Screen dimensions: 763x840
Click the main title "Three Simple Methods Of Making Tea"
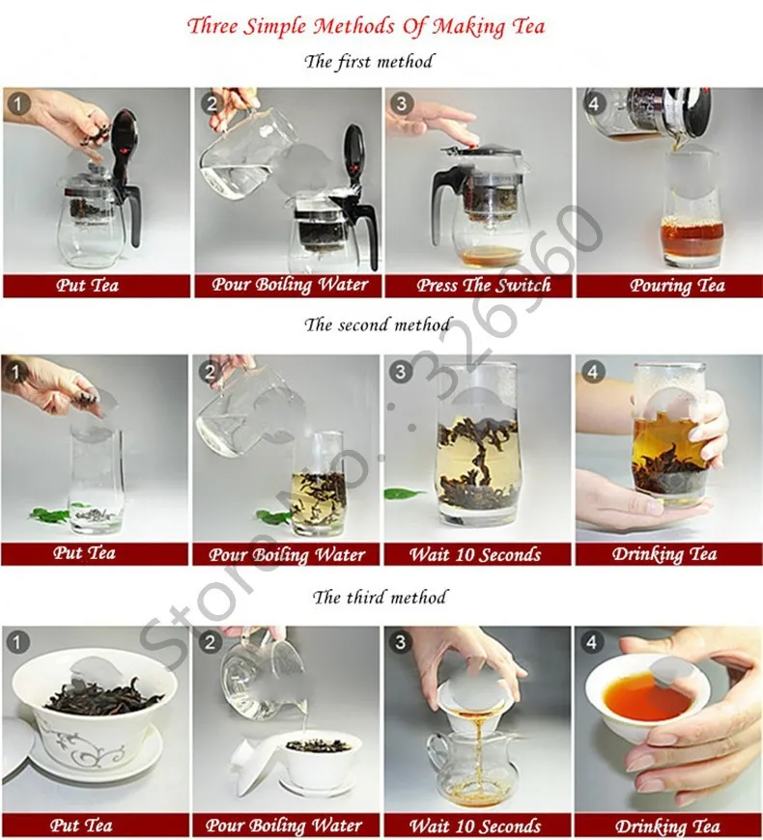tap(366, 27)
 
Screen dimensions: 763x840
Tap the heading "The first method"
tap(369, 62)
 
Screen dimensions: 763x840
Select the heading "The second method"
tap(378, 324)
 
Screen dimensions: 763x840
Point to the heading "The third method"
tap(380, 598)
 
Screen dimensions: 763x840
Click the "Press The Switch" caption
tap(484, 285)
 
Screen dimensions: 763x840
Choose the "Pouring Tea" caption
tap(677, 286)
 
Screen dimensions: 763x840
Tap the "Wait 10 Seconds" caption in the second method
tap(475, 554)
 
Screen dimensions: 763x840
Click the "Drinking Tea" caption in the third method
tap(667, 826)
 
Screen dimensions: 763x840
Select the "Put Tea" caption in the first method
tap(87, 285)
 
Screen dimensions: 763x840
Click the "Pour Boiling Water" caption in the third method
tap(284, 826)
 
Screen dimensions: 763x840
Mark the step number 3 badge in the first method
tap(402, 103)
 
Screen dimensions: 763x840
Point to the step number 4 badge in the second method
tap(592, 372)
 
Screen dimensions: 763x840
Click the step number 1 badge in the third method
tap(17, 642)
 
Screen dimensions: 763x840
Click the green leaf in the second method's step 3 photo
tap(403, 492)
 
